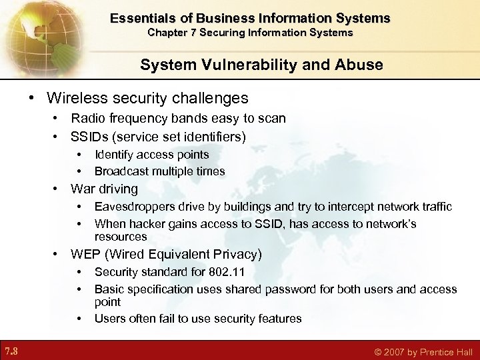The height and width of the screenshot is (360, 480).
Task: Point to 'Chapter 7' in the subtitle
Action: [x=170, y=32]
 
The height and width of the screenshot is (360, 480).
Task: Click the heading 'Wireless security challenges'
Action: [x=147, y=98]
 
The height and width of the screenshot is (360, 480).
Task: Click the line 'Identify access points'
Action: [x=151, y=155]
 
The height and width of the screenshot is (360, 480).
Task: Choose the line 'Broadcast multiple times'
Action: [x=159, y=171]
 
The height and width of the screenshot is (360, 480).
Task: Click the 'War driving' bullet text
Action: [x=104, y=189]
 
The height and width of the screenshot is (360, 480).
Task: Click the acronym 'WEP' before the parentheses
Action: [x=85, y=254]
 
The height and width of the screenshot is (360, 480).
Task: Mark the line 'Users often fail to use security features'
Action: [x=197, y=319]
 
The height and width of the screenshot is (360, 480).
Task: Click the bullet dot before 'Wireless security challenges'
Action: [x=33, y=99]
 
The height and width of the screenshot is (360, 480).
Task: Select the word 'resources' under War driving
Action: [x=120, y=237]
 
